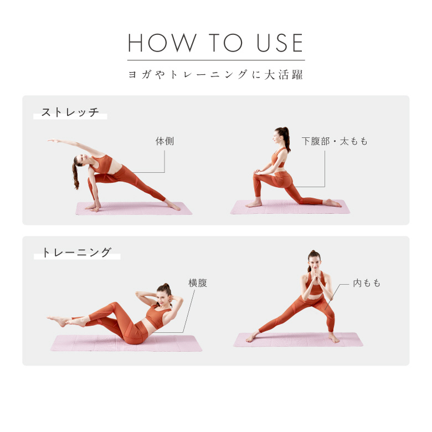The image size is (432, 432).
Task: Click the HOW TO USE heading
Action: click(216, 43)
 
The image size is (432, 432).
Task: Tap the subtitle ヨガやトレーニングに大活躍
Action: click(216, 75)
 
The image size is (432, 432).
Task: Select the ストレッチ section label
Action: click(70, 112)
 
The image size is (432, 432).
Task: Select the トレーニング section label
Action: click(76, 253)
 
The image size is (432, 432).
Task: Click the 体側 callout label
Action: click(164, 141)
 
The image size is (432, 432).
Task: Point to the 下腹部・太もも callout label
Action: click(335, 141)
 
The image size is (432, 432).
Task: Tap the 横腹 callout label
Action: click(198, 282)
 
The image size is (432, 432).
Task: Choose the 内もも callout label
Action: click(367, 282)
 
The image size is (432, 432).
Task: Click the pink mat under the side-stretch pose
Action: click(133, 209)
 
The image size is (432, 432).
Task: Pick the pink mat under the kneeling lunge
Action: click(290, 207)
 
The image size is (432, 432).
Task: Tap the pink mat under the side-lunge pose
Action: click(298, 340)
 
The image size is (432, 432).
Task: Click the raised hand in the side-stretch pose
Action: click(53, 141)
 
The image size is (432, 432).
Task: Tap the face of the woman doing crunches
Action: click(161, 296)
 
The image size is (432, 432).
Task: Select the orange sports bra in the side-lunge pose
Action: click(316, 285)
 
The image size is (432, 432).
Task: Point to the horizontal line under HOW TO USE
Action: click(216, 60)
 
